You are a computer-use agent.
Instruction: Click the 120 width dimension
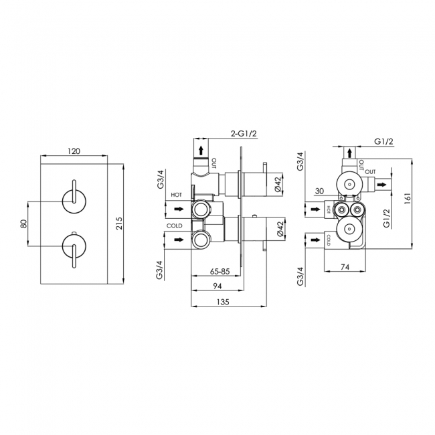click(74, 151)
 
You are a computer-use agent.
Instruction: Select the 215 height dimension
click(118, 224)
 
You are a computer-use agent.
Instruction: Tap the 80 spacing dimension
click(24, 224)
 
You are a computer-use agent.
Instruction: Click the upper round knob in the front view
click(74, 201)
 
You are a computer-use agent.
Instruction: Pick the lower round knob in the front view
click(74, 246)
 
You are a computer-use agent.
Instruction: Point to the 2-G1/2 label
click(244, 134)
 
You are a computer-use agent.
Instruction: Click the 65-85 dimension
click(220, 271)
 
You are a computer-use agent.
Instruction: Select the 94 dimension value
click(217, 286)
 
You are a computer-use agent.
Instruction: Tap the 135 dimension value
click(223, 302)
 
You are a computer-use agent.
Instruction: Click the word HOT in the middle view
click(177, 195)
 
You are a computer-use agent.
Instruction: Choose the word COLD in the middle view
click(175, 226)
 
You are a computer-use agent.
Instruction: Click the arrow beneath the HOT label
click(179, 209)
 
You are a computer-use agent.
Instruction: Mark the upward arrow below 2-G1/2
click(201, 151)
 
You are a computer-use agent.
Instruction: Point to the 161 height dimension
click(408, 199)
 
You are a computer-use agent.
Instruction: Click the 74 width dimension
click(345, 267)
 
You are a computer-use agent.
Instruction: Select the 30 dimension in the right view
click(319, 191)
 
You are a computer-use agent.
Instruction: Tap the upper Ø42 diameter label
click(278, 183)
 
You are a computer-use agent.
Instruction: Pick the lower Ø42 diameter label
click(278, 229)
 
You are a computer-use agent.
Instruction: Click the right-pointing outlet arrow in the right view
click(381, 184)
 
